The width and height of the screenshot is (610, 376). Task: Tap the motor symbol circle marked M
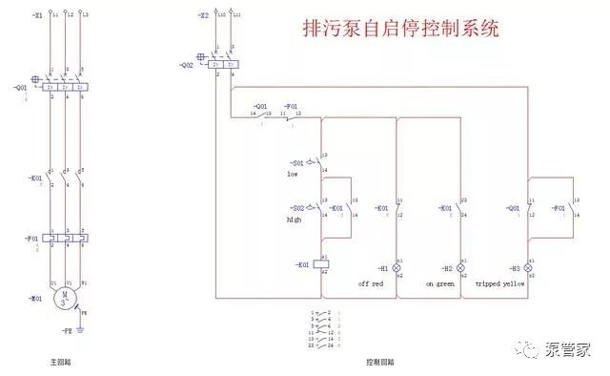pyautogui.click(x=65, y=297)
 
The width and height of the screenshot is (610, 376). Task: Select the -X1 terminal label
pyautogui.click(x=36, y=16)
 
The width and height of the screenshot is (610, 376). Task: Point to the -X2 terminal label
pyautogui.click(x=203, y=16)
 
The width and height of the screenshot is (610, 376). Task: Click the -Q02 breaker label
pyautogui.click(x=186, y=65)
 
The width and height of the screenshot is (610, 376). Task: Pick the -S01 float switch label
pyautogui.click(x=297, y=162)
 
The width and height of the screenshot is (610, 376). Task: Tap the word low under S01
pyautogui.click(x=293, y=174)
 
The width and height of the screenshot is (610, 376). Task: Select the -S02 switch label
pyautogui.click(x=297, y=208)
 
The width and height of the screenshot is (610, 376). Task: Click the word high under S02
pyautogui.click(x=294, y=219)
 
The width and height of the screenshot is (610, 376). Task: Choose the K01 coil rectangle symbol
pyautogui.click(x=324, y=263)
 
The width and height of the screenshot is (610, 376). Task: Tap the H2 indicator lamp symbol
pyautogui.click(x=462, y=268)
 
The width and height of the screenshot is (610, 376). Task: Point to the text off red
pyautogui.click(x=371, y=283)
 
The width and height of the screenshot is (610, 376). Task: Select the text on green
pyautogui.click(x=437, y=283)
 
